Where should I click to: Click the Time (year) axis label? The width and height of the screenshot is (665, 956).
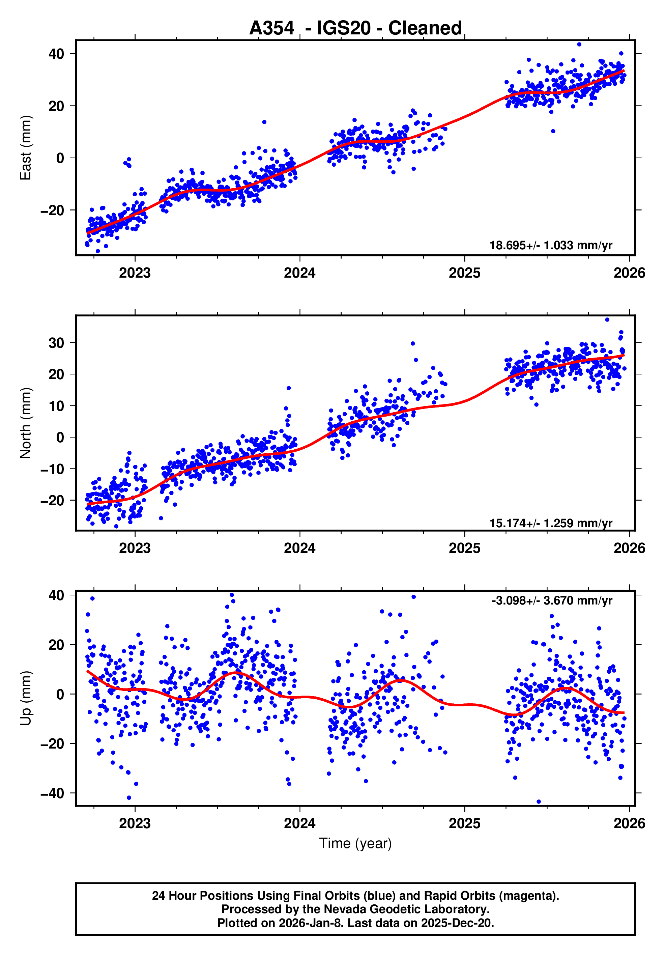[355, 843]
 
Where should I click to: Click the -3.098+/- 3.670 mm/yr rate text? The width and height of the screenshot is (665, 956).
[551, 600]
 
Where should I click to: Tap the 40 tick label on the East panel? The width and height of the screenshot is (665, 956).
[56, 54]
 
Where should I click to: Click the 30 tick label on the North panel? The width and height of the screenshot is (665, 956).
[56, 343]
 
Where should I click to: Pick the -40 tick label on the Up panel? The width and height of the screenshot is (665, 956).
[52, 793]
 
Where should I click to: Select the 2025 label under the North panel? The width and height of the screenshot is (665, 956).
[464, 548]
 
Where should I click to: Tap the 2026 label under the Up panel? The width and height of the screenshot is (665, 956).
[629, 823]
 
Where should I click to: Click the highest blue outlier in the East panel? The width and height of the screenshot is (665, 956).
[579, 44]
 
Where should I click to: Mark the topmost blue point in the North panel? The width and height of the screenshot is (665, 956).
[607, 320]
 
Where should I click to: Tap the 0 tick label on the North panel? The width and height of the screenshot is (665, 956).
[60, 437]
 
